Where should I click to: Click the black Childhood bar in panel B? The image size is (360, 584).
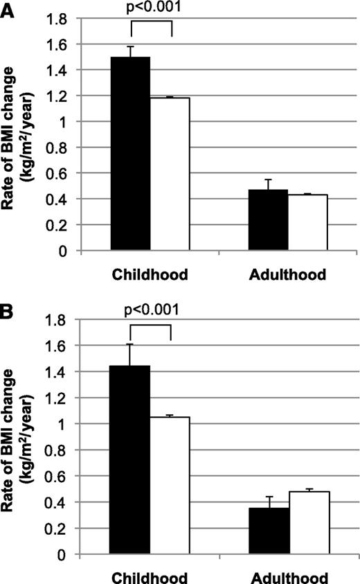[130, 460]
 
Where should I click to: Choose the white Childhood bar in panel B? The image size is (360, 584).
[170, 485]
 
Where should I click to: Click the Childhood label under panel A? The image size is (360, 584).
[151, 274]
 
